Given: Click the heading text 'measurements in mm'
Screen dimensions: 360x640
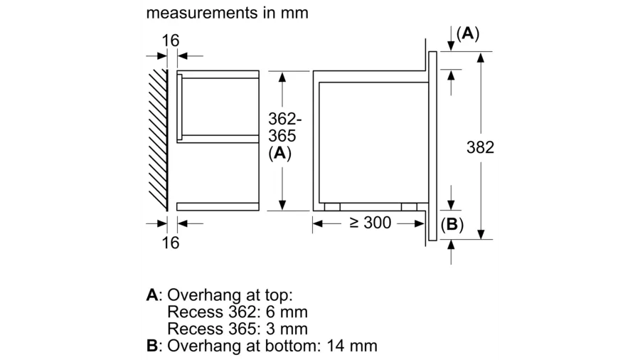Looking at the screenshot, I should pos(227,14).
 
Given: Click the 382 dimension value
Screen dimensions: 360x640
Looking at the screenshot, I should pos(480,148).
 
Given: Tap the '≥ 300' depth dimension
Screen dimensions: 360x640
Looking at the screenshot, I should pos(370,223).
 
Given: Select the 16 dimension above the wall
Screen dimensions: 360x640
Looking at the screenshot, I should pos(171,41).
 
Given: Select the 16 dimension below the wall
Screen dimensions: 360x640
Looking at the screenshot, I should pos(171,243).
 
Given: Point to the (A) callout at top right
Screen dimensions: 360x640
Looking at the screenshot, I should pos(468,33).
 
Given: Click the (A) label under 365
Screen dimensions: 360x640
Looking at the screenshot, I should pos(280,152).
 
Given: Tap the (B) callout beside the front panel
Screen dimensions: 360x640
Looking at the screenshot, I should pos(452,226).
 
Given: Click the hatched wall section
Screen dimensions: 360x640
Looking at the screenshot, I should pos(159,139).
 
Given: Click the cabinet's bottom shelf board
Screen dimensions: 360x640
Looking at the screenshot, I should pos(217,206).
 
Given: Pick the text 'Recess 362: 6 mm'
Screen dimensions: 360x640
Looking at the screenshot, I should pos(238,312).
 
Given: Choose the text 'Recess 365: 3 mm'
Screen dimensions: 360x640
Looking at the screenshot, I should pos(238,329).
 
